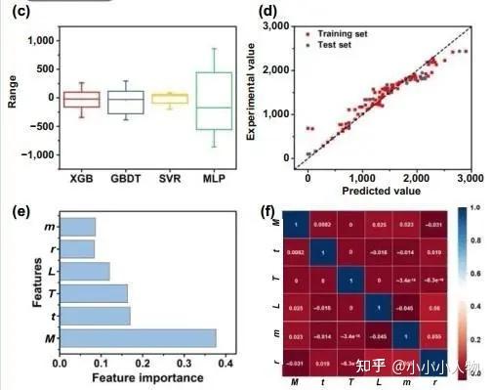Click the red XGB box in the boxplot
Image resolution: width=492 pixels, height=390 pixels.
coord(82,99)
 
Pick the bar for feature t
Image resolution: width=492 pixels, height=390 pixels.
coord(96,315)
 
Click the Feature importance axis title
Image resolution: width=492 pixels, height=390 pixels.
coord(147,378)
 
